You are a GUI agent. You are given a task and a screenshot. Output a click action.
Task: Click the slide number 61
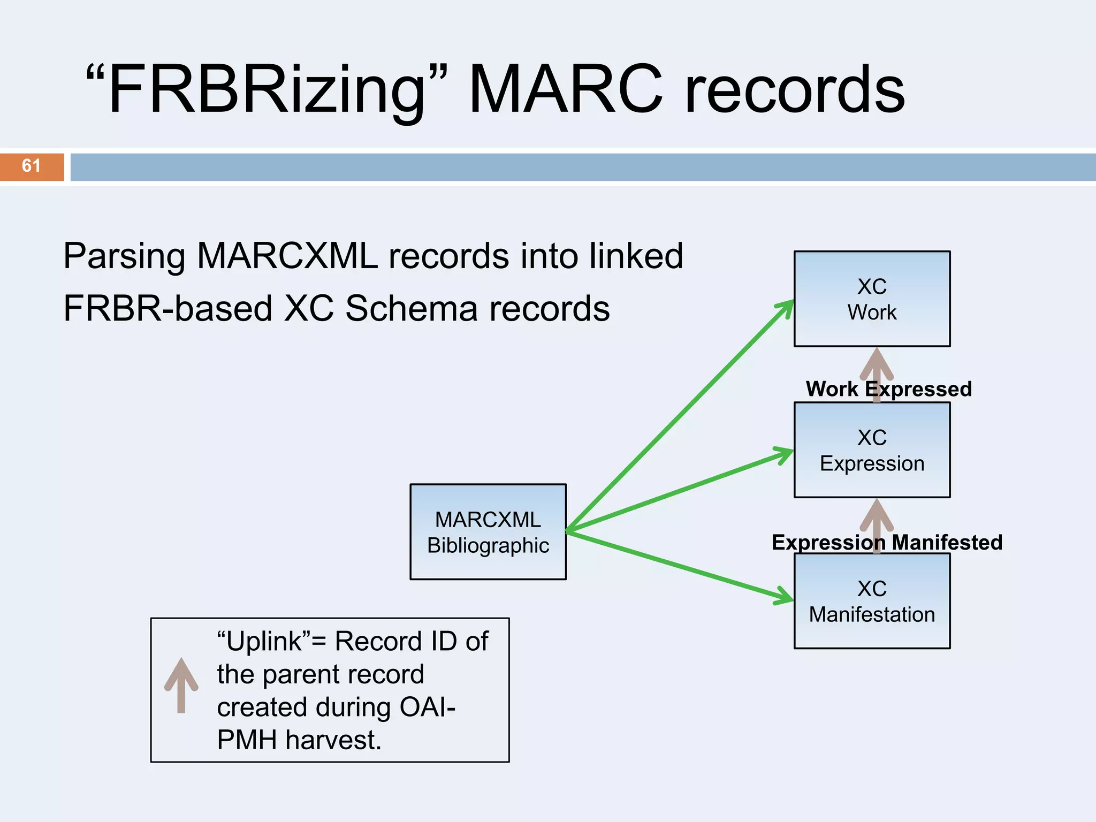coord(31,166)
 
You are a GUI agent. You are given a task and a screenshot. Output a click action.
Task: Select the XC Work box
coord(872,299)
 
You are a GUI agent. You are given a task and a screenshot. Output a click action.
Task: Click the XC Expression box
coord(872,450)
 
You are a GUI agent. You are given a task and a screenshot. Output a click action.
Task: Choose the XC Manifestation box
coord(872,601)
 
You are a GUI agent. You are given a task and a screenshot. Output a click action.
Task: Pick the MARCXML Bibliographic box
coord(488,532)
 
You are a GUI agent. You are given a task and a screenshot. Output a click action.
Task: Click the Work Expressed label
coord(888,389)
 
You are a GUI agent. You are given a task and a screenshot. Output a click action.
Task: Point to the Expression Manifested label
coord(887,543)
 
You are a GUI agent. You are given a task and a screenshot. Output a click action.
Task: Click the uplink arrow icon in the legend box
coord(181,685)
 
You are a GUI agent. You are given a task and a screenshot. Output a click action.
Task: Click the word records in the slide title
coord(795,89)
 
